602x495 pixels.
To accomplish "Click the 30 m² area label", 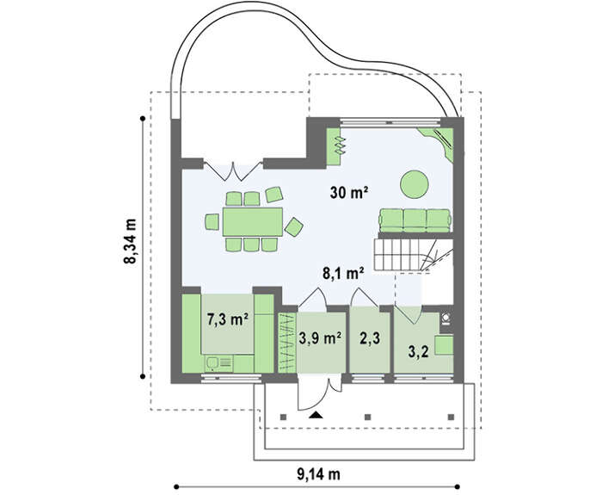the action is pos(349,192).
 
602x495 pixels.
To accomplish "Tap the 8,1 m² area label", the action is pos(343,273).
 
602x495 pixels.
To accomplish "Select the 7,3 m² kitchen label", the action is pos(227,319).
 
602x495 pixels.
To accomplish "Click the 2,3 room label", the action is pos(370,338).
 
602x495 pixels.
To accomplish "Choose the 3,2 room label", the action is pos(418,351).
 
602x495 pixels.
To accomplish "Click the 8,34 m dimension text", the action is pos(130,241).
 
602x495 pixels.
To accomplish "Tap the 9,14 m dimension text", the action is pos(318,473).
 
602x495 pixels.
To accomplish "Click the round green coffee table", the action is pos(415,184).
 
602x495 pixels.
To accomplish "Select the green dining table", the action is pos(253,222).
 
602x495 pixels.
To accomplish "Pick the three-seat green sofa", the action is pos(415,220).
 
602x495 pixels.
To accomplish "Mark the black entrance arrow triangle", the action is pos(316,414).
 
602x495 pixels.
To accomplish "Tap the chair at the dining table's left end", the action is pos(212,222).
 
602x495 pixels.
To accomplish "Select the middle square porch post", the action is pos(367,417).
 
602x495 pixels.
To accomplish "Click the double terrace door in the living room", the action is pos(233,171).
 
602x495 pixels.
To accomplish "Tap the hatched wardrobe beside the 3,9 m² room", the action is pos(286,343).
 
